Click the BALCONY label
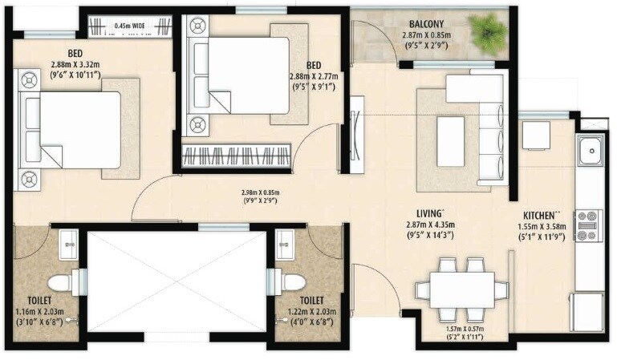click(x=428, y=23)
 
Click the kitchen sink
click(x=591, y=148)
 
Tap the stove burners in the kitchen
click(x=590, y=226)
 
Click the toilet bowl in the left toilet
click(x=60, y=282)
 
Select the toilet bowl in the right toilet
click(x=292, y=282)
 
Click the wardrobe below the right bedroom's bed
click(x=236, y=156)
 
